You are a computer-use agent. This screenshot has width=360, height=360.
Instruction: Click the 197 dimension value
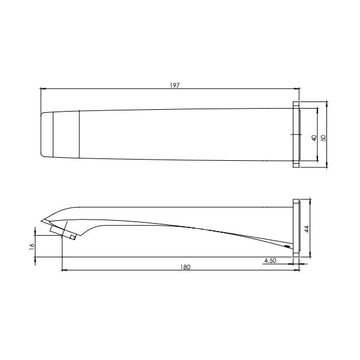click(175, 85)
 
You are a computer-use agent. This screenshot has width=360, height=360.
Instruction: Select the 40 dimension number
click(314, 138)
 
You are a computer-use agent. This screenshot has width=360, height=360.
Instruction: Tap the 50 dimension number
click(323, 138)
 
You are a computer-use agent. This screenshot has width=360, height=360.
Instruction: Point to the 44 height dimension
click(307, 229)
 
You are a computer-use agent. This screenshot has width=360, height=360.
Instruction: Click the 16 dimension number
click(32, 245)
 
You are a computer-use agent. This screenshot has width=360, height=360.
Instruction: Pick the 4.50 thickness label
click(270, 260)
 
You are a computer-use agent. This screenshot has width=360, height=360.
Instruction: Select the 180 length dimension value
click(185, 267)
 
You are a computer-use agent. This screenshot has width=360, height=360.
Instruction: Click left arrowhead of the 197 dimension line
click(43, 88)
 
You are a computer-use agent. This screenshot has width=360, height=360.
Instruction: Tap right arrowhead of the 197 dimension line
click(297, 88)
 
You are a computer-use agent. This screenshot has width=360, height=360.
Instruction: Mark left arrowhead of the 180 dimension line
click(65, 271)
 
